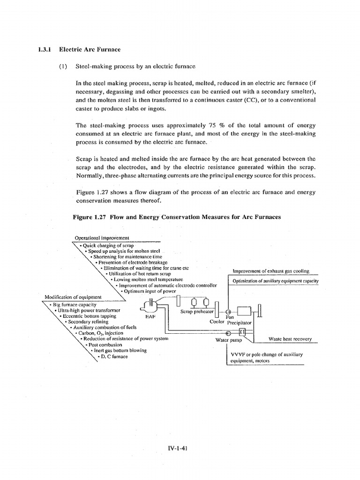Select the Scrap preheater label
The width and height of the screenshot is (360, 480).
pyautogui.click(x=197, y=312)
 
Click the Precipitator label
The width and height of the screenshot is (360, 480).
pyautogui.click(x=240, y=322)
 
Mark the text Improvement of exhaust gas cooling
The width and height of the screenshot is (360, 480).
pyautogui.click(x=271, y=271)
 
